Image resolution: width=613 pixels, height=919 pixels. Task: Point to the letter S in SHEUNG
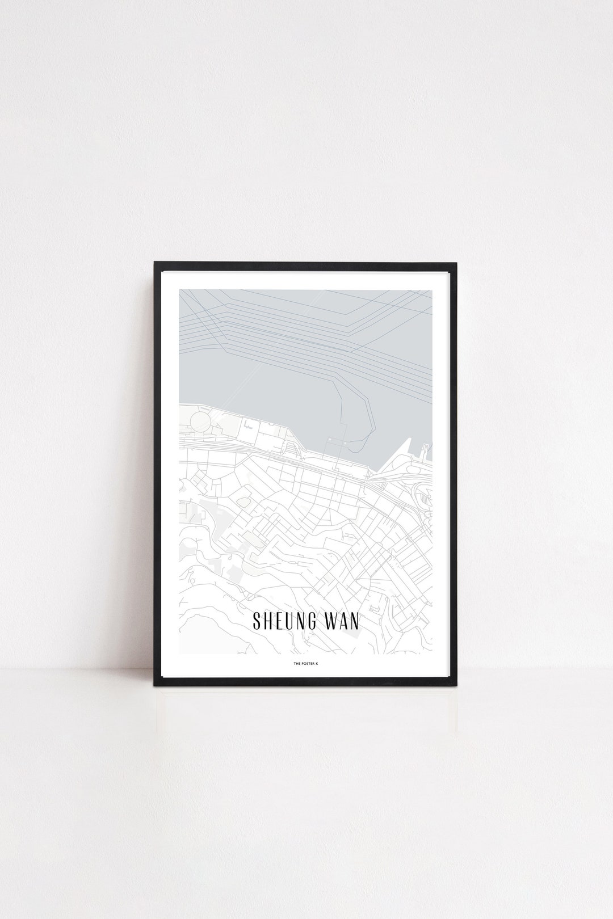tap(257, 620)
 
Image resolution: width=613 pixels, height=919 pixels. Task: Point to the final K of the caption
tap(317, 661)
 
